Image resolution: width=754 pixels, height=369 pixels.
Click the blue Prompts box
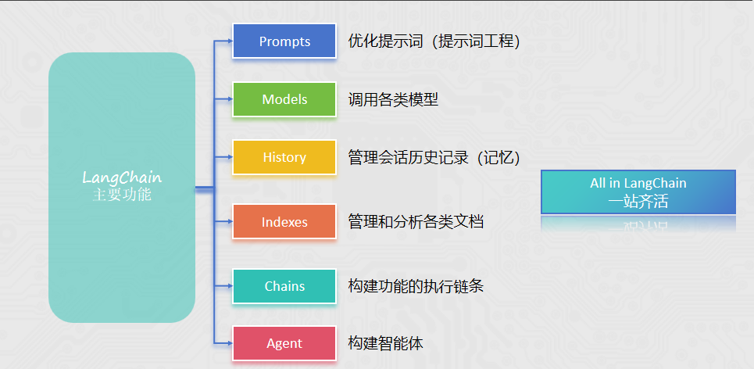coord(284,41)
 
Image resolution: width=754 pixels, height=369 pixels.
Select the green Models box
coord(284,99)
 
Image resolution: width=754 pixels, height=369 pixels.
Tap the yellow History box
coord(284,157)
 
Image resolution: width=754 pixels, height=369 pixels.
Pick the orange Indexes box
coord(284,222)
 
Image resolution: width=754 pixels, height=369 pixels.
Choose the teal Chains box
coord(284,286)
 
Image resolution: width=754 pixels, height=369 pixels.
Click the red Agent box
coord(284,344)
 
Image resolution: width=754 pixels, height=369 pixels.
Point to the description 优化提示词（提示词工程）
coord(434,41)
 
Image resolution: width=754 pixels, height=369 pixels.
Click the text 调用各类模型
coord(393,99)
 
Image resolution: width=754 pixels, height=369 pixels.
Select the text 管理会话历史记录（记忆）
coord(434,157)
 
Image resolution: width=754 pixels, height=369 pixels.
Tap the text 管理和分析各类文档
coord(416,222)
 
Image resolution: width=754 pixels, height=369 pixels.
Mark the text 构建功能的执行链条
coord(416,286)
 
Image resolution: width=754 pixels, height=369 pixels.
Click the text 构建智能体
coord(386,344)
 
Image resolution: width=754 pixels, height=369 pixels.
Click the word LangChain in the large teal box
coord(122,177)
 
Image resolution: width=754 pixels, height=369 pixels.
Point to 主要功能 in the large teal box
coord(122,195)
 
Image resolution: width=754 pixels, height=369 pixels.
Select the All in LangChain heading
coord(638,183)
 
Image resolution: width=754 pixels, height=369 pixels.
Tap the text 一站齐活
coord(638,201)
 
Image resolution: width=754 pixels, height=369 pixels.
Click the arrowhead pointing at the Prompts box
coord(230,41)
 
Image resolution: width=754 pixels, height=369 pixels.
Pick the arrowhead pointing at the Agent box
coord(230,344)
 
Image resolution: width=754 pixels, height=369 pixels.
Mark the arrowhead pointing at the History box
coord(230,157)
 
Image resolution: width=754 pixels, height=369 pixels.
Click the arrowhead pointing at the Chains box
coord(230,286)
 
